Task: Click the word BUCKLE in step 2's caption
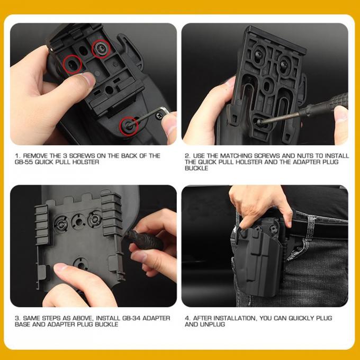point(196,168)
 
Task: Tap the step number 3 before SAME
point(17,318)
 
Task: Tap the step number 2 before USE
point(187,156)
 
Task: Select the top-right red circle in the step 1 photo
point(101,49)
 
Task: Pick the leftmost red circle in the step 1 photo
point(73,64)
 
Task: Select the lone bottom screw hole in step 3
point(81,264)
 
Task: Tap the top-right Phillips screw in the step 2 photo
point(284,64)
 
